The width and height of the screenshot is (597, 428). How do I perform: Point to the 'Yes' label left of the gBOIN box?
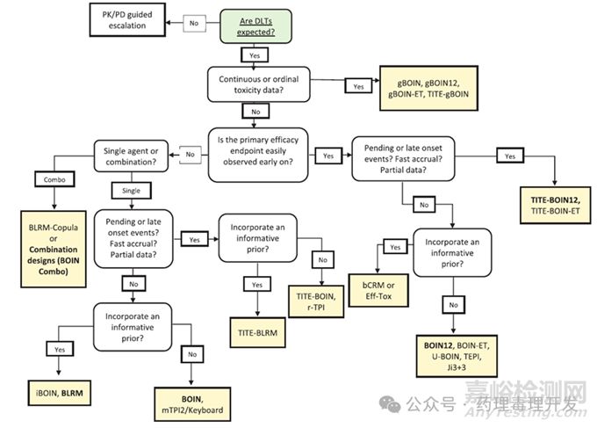(357, 87)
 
